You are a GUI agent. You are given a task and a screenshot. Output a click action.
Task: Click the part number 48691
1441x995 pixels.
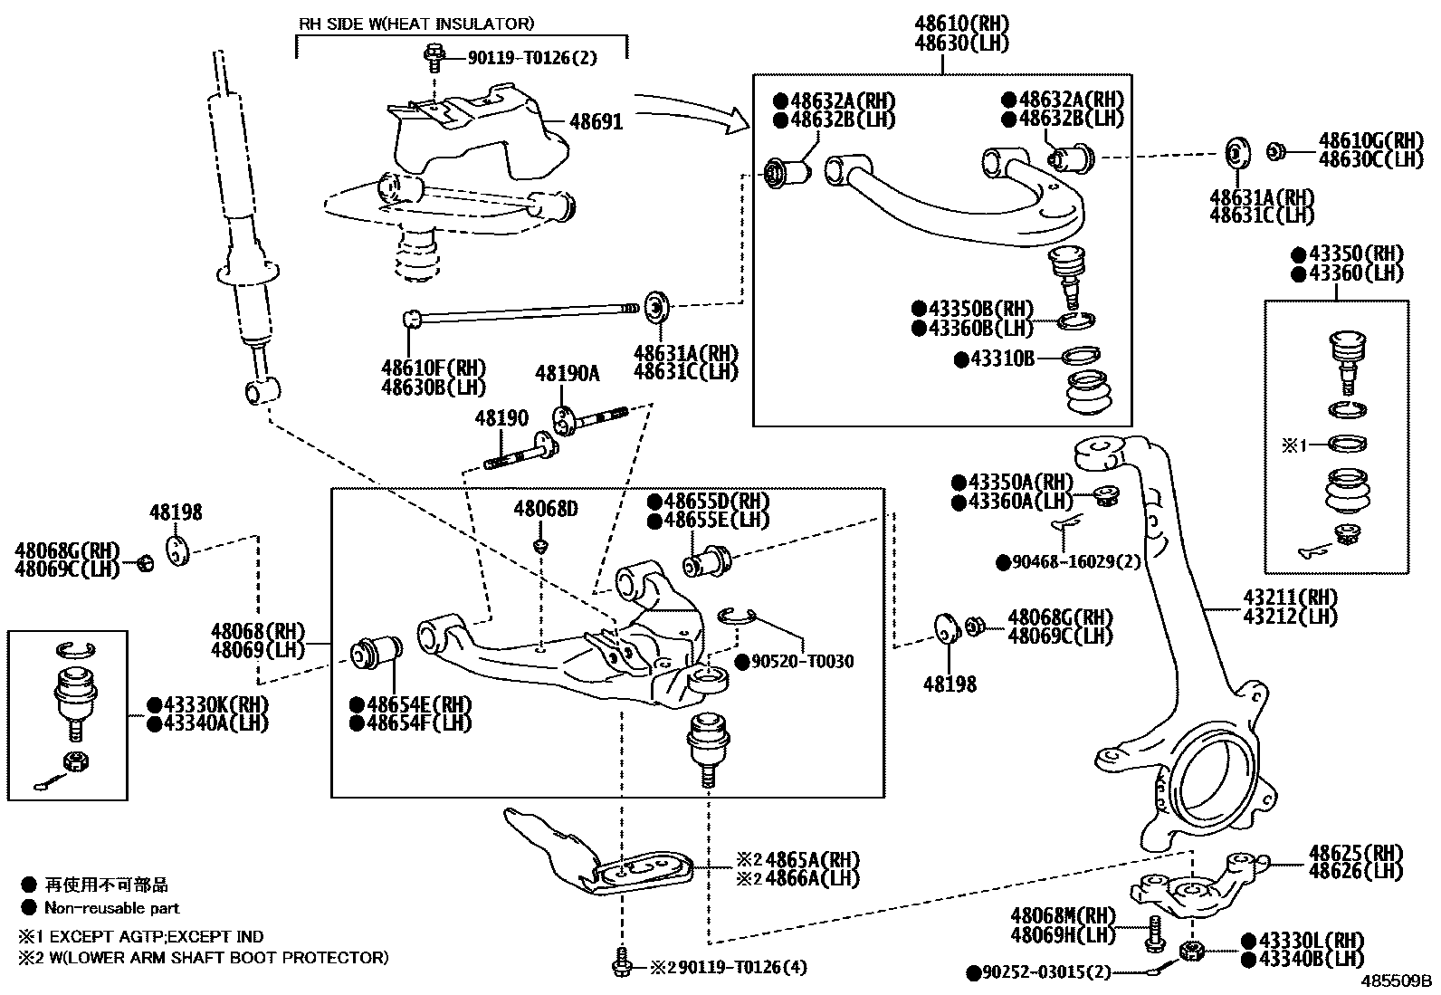coord(596,121)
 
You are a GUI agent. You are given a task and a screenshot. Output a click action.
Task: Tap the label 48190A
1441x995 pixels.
coord(568,373)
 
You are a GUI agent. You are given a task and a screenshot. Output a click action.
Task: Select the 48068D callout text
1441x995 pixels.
coord(546,509)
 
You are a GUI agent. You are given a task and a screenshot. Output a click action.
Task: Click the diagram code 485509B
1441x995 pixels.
coord(1396,981)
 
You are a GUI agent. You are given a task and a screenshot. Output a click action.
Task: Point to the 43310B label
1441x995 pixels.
coord(1002,359)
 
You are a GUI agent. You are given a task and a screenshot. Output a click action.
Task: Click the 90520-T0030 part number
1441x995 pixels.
coord(803,662)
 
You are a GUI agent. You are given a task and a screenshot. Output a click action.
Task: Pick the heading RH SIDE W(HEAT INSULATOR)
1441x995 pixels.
coord(416,24)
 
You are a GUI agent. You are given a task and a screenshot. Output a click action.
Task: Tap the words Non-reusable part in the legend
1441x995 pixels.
coord(112,908)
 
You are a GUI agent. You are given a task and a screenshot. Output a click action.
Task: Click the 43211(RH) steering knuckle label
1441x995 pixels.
coord(1291,598)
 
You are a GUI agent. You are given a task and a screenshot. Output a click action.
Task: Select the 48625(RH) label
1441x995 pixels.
coord(1355,854)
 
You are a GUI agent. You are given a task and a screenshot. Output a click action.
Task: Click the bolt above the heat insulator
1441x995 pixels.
coord(434,59)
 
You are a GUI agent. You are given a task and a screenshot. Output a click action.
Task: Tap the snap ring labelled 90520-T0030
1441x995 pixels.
coord(737,617)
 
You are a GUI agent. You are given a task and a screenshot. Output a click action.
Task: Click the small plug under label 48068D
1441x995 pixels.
coord(541,547)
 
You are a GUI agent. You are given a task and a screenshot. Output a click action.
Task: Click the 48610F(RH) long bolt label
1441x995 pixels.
coord(434,368)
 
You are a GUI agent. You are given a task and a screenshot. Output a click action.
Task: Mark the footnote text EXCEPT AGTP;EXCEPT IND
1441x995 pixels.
coord(157,936)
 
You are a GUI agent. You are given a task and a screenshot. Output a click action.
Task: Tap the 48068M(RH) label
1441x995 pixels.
coord(1063,915)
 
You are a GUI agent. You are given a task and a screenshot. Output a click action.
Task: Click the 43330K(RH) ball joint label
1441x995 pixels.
coord(216,704)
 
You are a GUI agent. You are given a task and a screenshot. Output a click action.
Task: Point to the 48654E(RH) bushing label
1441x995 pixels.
coord(419,704)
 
